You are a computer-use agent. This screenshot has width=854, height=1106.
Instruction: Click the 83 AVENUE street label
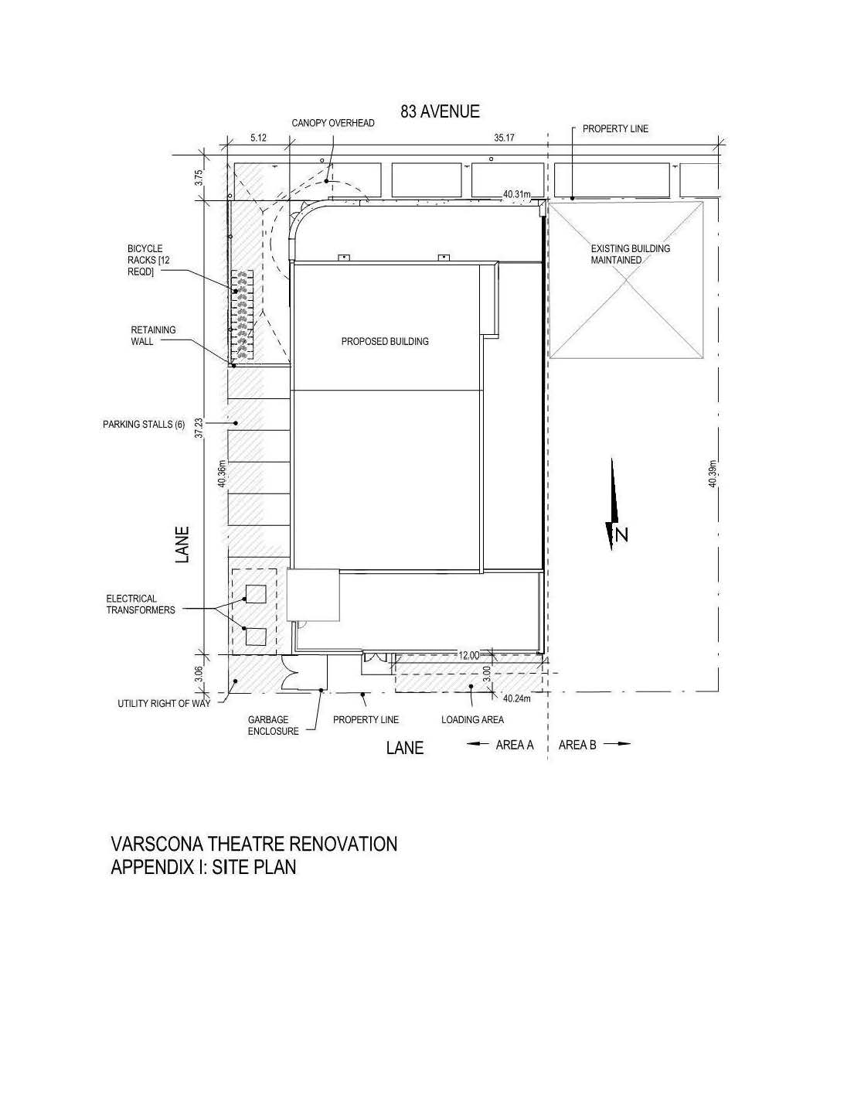click(440, 111)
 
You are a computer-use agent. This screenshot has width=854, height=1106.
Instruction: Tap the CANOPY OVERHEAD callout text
click(333, 123)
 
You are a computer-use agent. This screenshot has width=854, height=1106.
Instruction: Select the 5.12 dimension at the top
click(258, 138)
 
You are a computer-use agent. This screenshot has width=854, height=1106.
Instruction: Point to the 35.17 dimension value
click(504, 138)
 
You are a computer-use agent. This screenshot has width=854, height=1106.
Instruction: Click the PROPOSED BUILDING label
click(385, 342)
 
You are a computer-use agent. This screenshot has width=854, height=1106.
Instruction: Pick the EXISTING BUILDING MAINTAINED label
click(630, 254)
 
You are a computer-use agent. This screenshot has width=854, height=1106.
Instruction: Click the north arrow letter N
click(621, 535)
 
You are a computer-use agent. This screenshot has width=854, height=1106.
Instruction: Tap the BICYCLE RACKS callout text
click(148, 260)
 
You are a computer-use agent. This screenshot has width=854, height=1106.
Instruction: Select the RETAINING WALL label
click(153, 336)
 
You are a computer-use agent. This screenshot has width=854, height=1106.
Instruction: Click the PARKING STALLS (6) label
click(144, 425)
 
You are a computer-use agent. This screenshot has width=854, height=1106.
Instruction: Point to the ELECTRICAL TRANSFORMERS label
click(141, 604)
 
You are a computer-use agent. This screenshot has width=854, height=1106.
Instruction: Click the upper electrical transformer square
click(256, 594)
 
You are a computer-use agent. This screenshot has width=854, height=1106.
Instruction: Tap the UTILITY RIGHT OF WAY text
click(164, 704)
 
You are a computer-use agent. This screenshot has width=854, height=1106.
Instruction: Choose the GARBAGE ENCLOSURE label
click(273, 725)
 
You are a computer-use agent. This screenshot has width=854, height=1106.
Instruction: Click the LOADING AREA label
click(472, 720)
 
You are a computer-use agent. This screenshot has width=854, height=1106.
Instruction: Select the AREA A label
click(515, 745)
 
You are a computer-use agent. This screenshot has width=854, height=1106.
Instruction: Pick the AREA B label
click(577, 745)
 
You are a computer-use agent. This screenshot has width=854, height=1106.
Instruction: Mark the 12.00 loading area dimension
click(469, 656)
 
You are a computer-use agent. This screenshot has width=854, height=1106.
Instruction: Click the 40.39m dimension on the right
click(713, 473)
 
